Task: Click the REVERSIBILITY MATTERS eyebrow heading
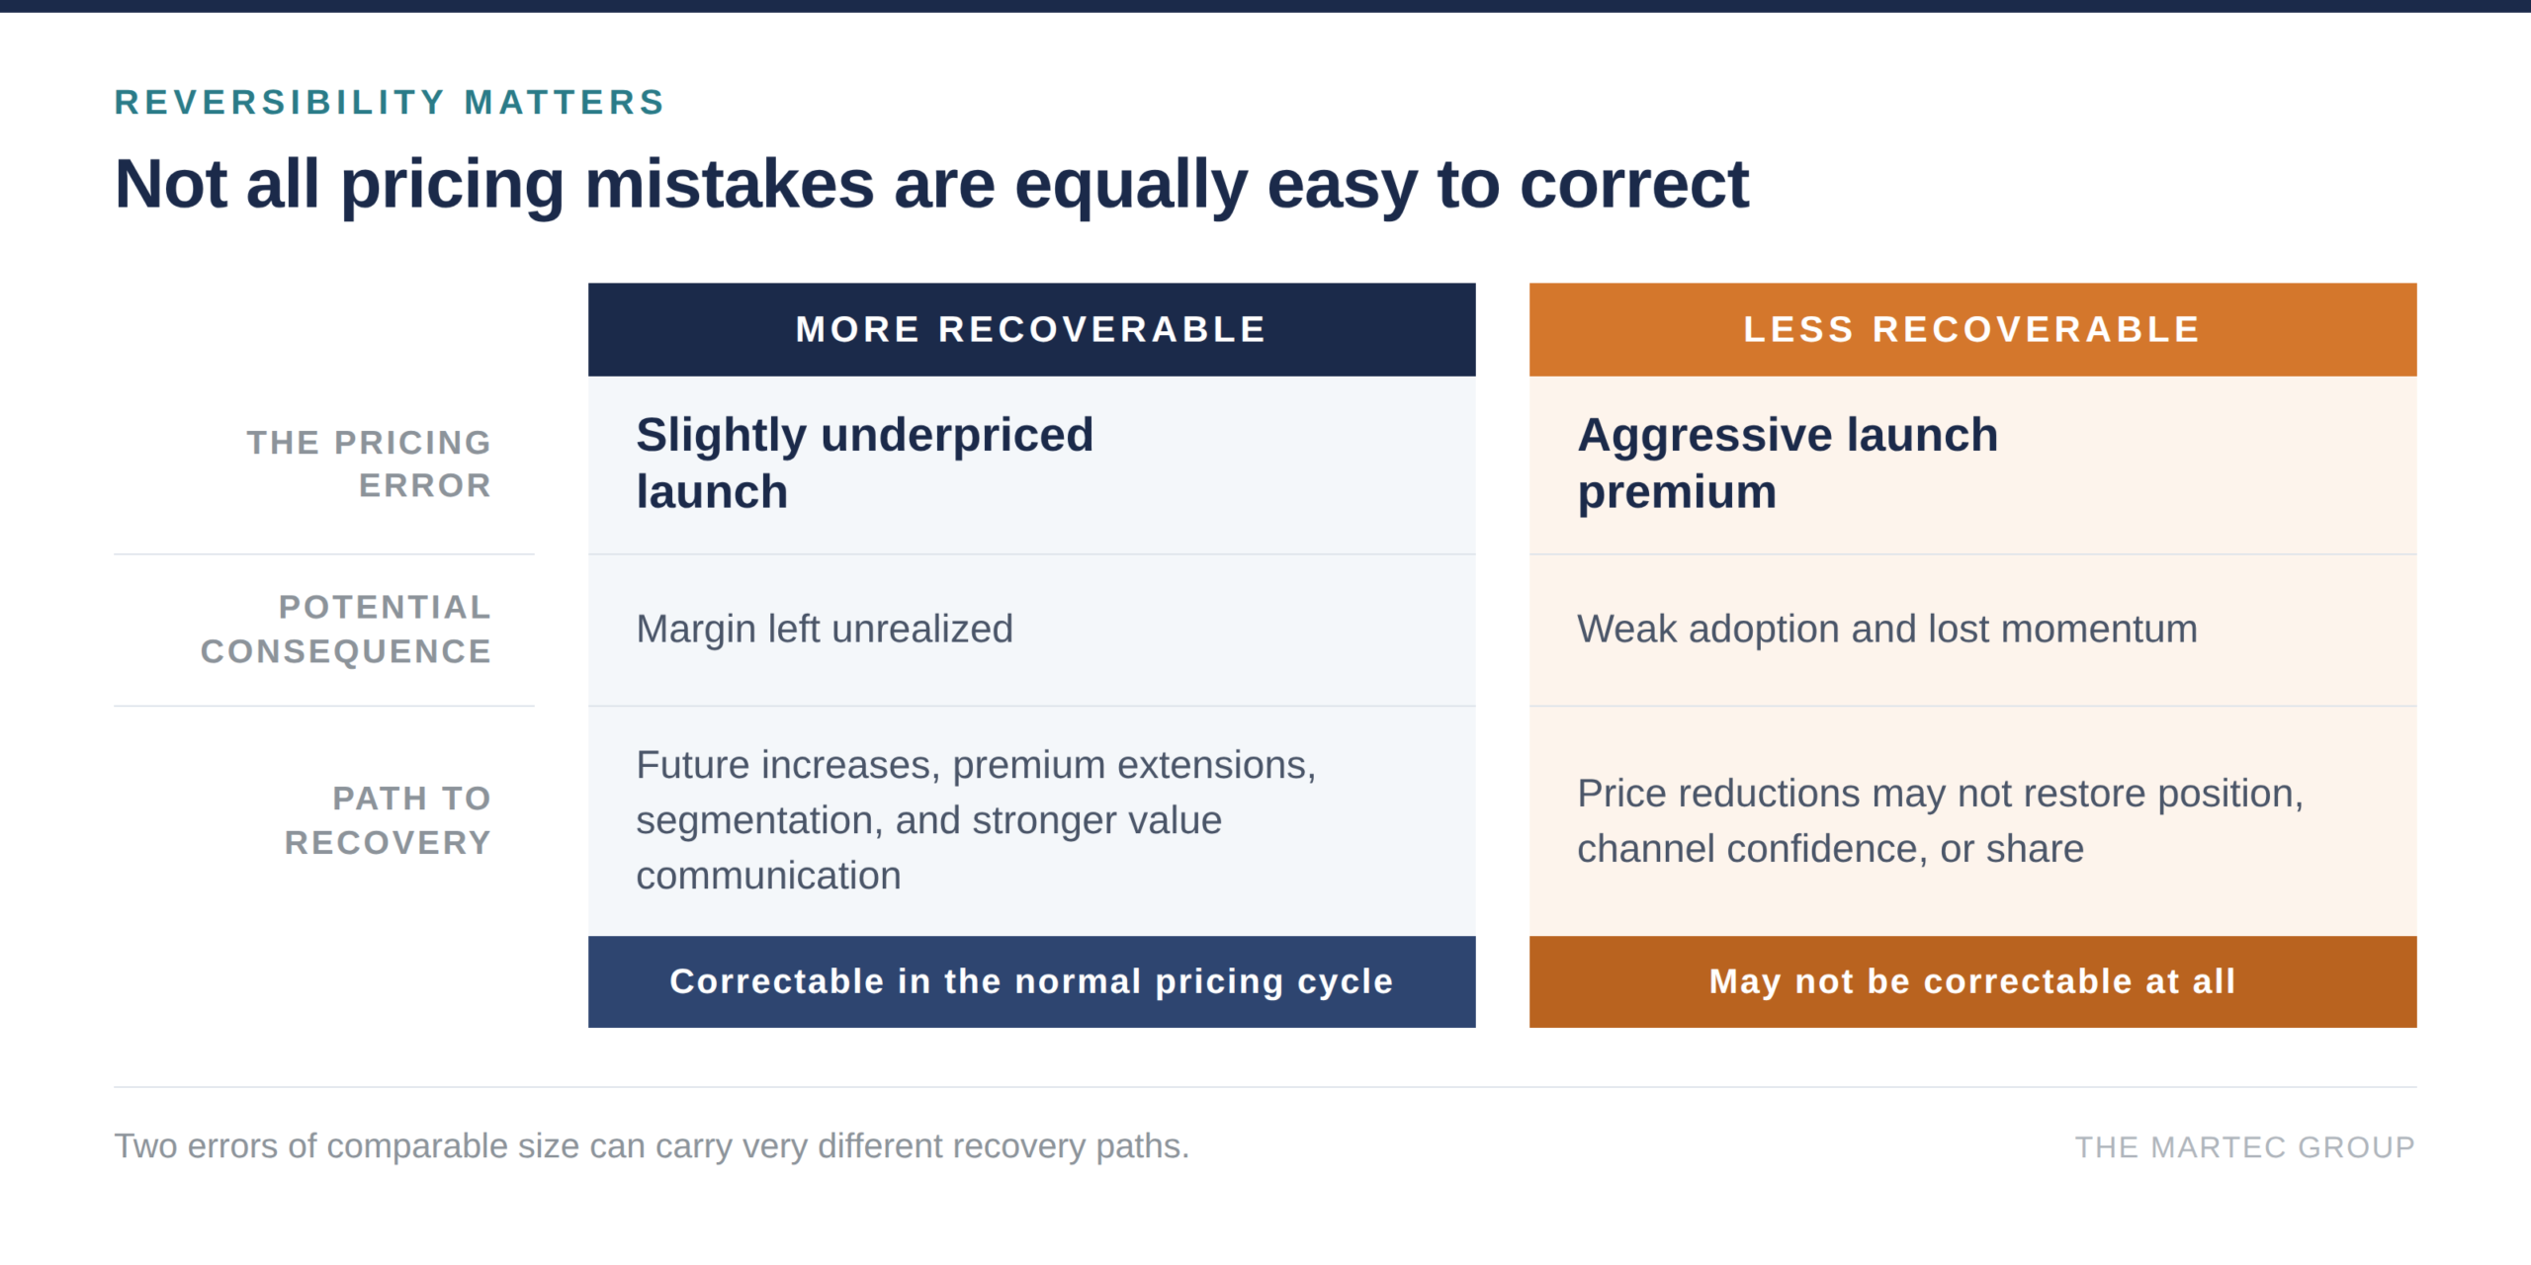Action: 390,102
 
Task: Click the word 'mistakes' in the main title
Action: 730,184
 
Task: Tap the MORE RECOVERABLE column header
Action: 1031,329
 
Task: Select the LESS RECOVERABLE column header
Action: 1972,329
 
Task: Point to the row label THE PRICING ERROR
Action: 369,464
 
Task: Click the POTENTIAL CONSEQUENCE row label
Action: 346,629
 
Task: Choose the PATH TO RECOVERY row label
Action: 388,819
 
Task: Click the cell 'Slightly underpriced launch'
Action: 865,463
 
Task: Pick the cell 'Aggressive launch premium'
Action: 1788,463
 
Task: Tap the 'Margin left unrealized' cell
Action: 825,629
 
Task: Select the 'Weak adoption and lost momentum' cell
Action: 1887,629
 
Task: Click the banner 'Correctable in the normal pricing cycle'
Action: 1031,981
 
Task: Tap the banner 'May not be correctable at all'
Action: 1972,981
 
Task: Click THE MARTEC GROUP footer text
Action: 2244,1146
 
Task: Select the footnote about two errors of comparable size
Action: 652,1146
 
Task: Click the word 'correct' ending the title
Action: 1634,184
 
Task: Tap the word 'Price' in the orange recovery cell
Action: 1619,794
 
